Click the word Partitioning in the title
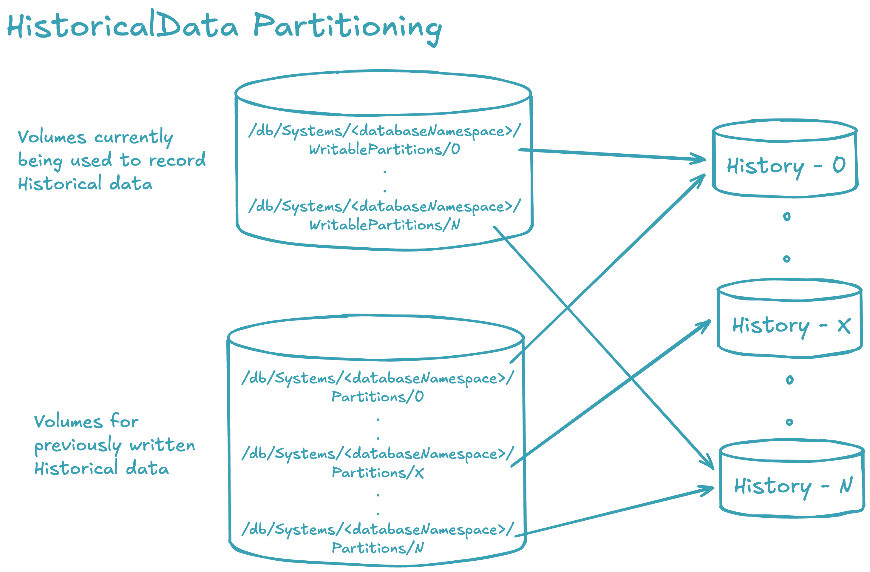click(347, 26)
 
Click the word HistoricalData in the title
click(123, 26)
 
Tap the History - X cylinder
click(789, 318)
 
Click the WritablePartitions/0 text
click(384, 149)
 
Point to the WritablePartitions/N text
click(384, 225)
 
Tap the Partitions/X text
click(378, 473)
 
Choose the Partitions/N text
click(378, 548)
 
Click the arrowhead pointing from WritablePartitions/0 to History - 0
click(700, 159)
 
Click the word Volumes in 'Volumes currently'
click(52, 138)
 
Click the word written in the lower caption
click(162, 445)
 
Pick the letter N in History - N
click(846, 485)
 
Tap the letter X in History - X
click(844, 326)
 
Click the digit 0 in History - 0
click(839, 165)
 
